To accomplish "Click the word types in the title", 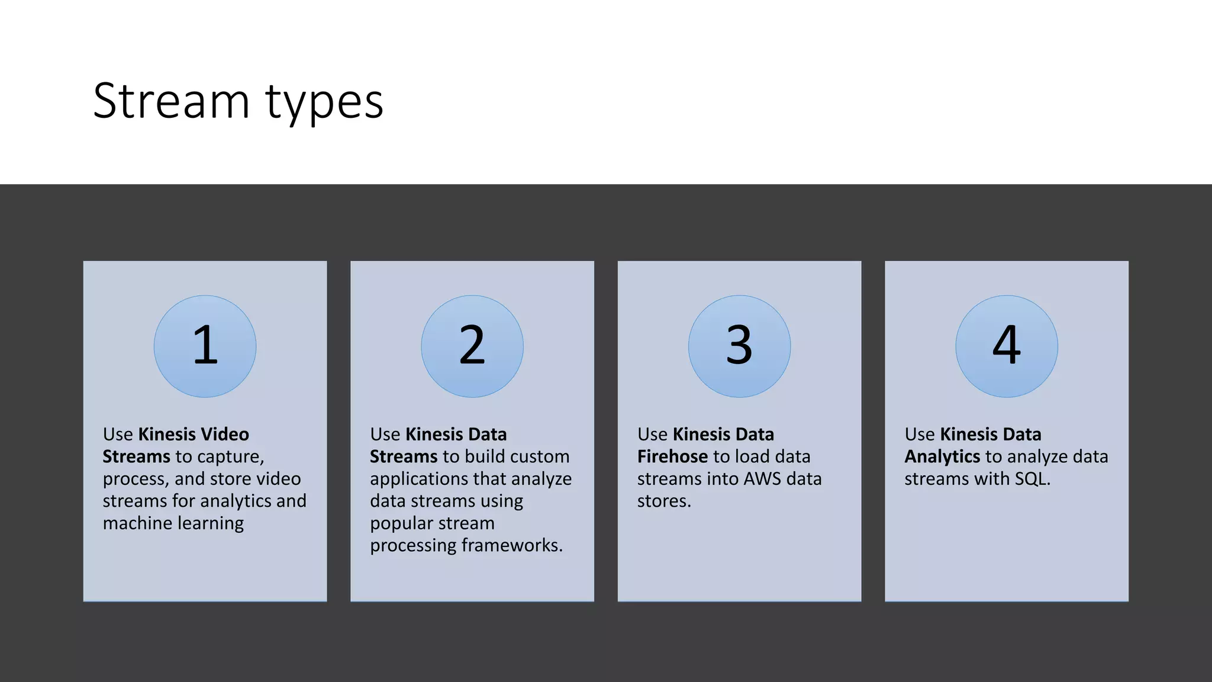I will [324, 102].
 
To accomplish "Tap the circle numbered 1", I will [205, 346].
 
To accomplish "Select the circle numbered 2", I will [472, 346].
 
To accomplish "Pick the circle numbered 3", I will [739, 346].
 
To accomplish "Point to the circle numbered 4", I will [1007, 346].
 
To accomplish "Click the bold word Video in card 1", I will [225, 435].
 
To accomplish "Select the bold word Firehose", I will [672, 456].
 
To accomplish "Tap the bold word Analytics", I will [942, 456].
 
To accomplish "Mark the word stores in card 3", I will [663, 501].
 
